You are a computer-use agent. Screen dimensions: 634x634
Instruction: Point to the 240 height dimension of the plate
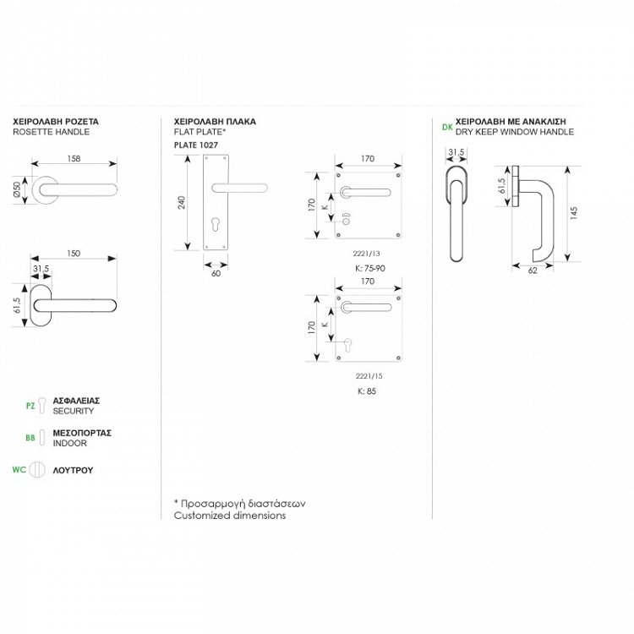pyautogui.click(x=180, y=204)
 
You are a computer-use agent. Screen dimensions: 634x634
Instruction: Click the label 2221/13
pyautogui.click(x=367, y=253)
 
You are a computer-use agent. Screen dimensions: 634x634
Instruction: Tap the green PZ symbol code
pyautogui.click(x=31, y=406)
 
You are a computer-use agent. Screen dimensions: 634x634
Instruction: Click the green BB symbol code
pyautogui.click(x=31, y=437)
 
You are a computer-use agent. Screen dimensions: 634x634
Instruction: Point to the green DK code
pyautogui.click(x=446, y=128)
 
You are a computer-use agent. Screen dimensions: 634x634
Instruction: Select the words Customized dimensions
pyautogui.click(x=230, y=515)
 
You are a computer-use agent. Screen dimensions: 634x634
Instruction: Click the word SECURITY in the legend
pyautogui.click(x=74, y=411)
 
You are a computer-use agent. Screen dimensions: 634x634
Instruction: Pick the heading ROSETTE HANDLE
pyautogui.click(x=52, y=133)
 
